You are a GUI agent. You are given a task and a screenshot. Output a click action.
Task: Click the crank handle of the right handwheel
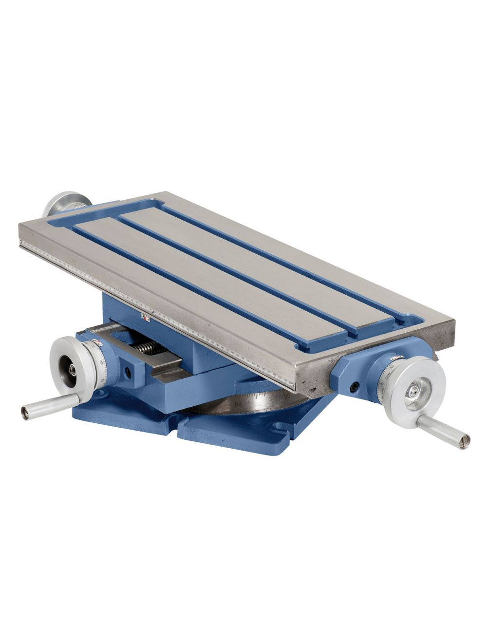(443, 426)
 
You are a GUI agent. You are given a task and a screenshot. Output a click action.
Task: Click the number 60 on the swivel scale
(238, 404)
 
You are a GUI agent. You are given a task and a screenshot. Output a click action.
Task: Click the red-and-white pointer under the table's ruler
(145, 317)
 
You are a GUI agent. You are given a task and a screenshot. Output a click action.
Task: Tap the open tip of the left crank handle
(24, 413)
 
